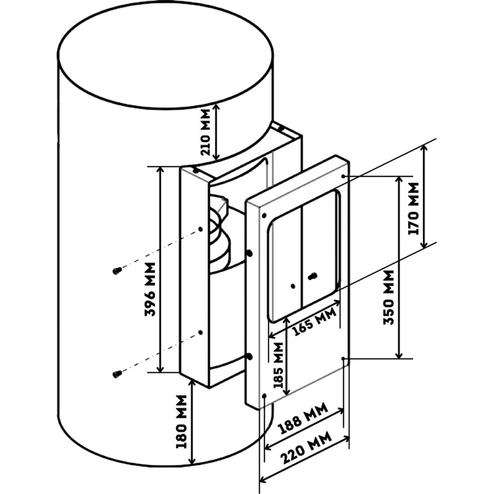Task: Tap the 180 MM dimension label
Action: [182, 422]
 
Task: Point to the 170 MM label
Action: [413, 209]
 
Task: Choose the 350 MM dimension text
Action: [388, 298]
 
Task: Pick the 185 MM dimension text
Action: [278, 364]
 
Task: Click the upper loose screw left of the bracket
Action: [117, 270]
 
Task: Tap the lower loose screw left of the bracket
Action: [117, 374]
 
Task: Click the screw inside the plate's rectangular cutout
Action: [312, 276]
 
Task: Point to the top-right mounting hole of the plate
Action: [343, 176]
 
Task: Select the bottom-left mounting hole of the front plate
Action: [264, 396]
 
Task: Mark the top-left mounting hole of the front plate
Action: [264, 216]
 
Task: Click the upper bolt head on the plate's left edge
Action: [249, 253]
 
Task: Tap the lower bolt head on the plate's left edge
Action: [249, 357]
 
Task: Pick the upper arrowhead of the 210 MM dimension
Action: [216, 107]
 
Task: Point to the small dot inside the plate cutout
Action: [293, 286]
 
